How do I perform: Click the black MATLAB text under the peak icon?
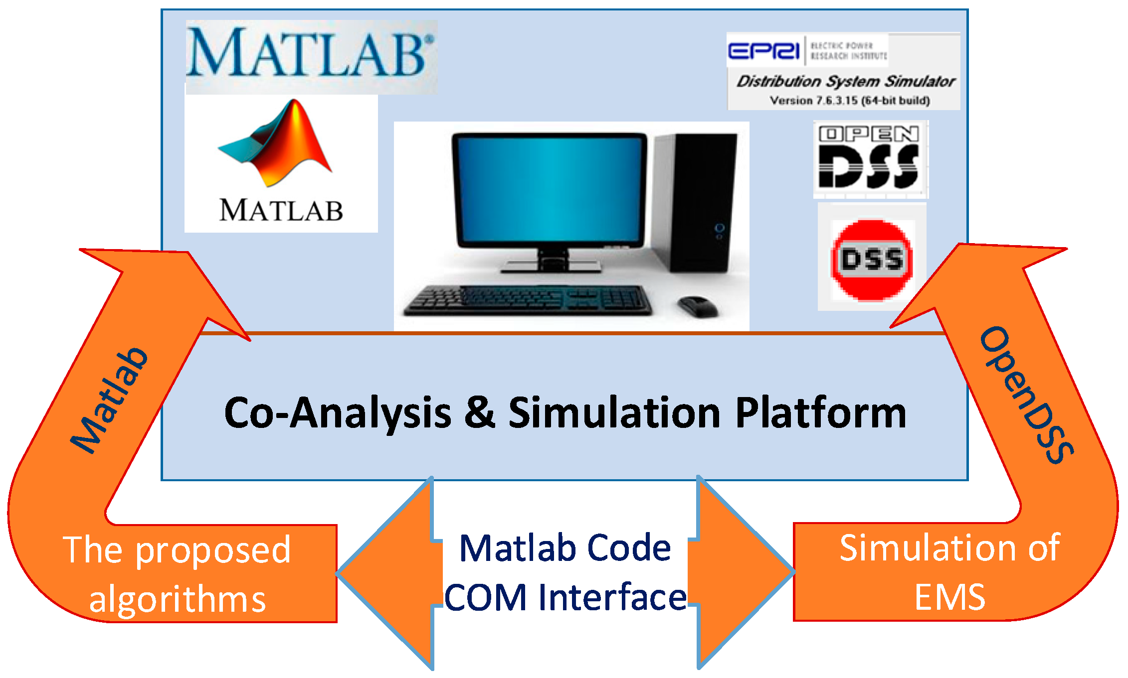(281, 210)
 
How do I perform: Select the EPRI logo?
(763, 50)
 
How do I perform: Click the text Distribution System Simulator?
(846, 81)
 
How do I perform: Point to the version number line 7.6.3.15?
(849, 101)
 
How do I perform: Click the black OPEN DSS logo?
(870, 158)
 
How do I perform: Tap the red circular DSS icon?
(872, 260)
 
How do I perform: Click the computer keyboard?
(529, 300)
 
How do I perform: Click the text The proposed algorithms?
(177, 573)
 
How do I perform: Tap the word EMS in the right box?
(949, 597)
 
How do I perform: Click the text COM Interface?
(565, 597)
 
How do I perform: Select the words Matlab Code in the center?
(565, 548)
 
